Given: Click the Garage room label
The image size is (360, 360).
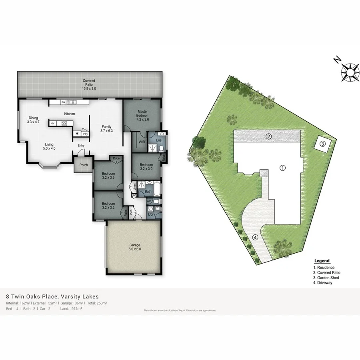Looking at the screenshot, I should pos(135,247).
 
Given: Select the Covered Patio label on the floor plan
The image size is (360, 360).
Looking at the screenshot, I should pos(89,84).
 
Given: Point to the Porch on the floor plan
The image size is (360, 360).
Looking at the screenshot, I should pos(84,165).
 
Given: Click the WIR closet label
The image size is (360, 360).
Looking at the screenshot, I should pos(141,142).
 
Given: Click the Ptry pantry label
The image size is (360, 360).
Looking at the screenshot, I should pos(85,134).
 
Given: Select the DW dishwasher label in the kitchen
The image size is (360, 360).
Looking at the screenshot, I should pos(63,102).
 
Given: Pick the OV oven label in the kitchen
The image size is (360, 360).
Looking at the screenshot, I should pos(53,123).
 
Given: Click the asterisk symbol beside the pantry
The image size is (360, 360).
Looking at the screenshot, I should pos(77,134).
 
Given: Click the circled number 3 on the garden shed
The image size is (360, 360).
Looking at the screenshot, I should pos(323,144).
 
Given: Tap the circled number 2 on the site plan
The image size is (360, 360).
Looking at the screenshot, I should pos(269,137).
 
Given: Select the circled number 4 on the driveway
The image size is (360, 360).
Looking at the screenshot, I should pos(256,237).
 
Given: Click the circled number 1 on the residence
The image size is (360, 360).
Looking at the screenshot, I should pos(282,168).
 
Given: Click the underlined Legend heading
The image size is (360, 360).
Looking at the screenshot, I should pos(322,261).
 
